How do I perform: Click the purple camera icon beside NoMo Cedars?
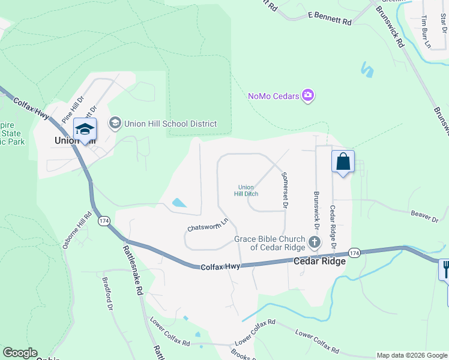[309, 95]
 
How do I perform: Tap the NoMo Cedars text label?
[274, 96]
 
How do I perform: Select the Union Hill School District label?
[170, 124]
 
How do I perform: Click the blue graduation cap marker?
[85, 130]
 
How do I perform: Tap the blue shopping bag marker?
[343, 161]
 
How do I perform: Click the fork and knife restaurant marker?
[445, 268]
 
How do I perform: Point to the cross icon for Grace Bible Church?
[314, 242]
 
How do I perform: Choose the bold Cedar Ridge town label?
[319, 261]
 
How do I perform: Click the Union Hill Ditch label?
[246, 190]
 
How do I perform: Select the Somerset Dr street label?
[284, 190]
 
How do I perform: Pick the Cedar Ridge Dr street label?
[332, 227]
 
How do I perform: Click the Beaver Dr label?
[424, 216]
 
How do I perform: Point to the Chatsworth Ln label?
[208, 225]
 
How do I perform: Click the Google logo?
[20, 353]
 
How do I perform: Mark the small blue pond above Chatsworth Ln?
[179, 203]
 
